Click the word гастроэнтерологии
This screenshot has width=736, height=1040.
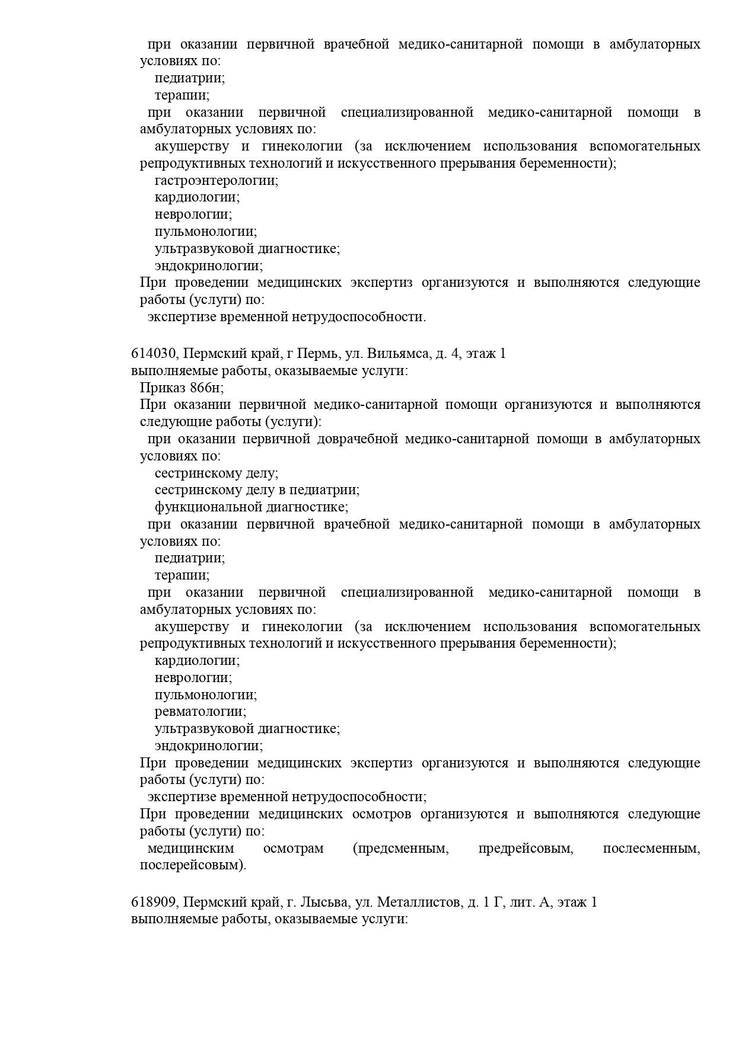216,180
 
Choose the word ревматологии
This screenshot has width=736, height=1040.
200,711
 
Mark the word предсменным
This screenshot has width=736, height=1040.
401,849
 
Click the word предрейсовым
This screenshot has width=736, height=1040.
525,849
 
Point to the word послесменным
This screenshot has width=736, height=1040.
651,849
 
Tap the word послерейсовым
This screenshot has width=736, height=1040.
193,866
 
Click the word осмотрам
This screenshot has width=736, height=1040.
294,849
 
